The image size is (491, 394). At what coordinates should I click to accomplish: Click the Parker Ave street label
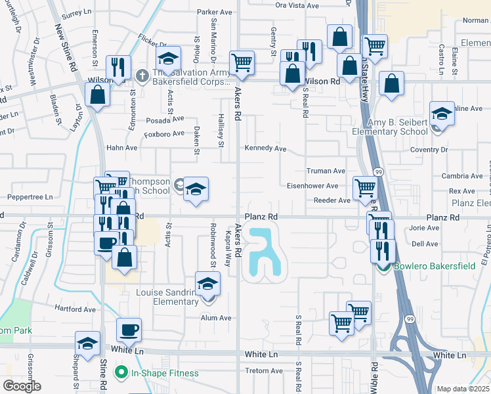[x=215, y=12]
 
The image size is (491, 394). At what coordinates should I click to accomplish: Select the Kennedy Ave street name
[x=265, y=148]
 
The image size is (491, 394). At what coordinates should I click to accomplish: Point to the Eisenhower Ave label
[x=312, y=186]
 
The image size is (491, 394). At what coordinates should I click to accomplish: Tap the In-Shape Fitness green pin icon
[x=121, y=373]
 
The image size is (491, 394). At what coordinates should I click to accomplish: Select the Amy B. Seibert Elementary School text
[x=390, y=127]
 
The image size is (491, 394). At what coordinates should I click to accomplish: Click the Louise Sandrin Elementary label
[x=167, y=297]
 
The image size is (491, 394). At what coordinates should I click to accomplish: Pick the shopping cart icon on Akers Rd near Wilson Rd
[x=242, y=63]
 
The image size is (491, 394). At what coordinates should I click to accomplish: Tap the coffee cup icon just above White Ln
[x=129, y=330]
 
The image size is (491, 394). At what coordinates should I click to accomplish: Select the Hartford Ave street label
[x=76, y=309]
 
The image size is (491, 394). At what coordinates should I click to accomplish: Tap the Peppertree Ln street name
[x=30, y=197]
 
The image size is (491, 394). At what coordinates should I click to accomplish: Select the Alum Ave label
[x=216, y=318]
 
